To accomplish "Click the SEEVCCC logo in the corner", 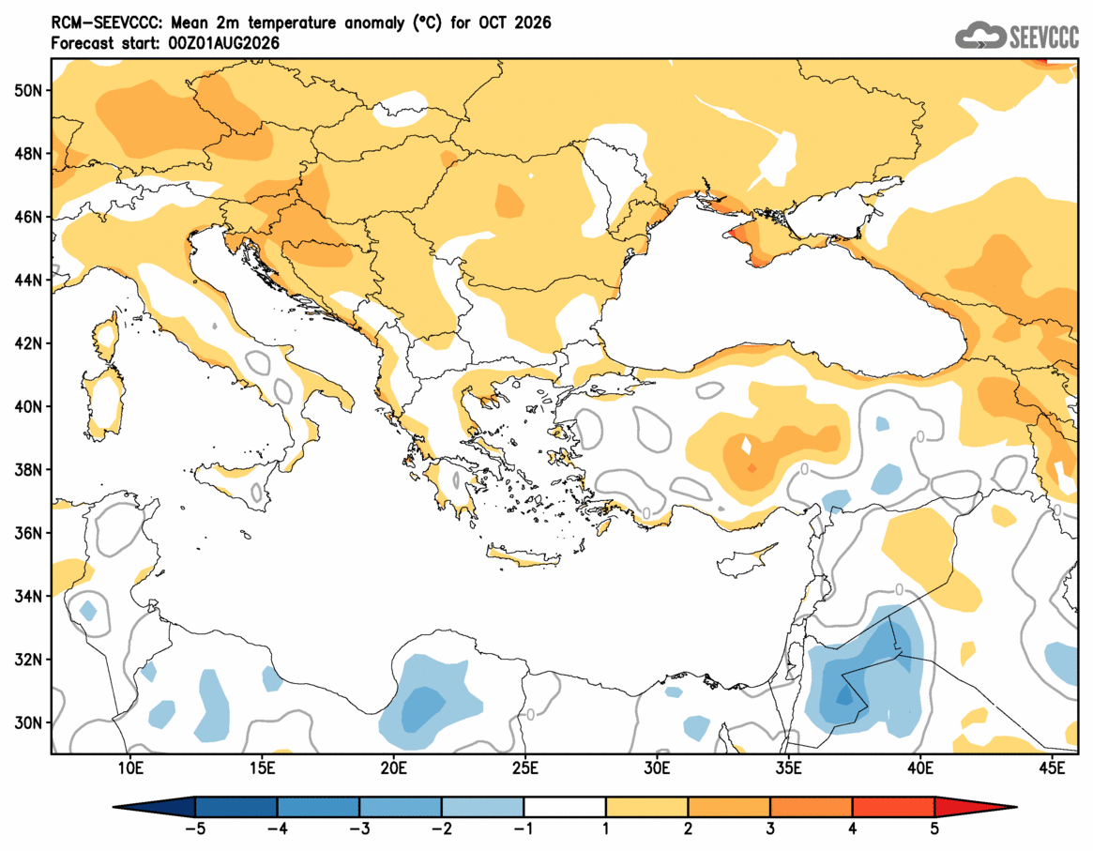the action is point(1016,35).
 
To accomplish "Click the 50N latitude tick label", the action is point(28,91).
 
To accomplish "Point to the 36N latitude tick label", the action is point(28,533).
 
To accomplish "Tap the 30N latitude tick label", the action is point(28,722).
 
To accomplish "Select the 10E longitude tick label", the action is point(130,768).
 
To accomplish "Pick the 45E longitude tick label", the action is point(1052,768).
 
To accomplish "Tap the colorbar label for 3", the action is point(770,829).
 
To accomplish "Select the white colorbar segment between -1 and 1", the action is point(565,807).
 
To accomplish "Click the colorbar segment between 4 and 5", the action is point(894,807).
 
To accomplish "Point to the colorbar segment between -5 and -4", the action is point(236,807).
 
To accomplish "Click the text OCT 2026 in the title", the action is point(514,23).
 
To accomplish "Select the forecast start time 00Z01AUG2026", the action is point(223,43).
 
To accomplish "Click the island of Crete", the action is point(524,557).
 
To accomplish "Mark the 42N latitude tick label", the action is point(28,343).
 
